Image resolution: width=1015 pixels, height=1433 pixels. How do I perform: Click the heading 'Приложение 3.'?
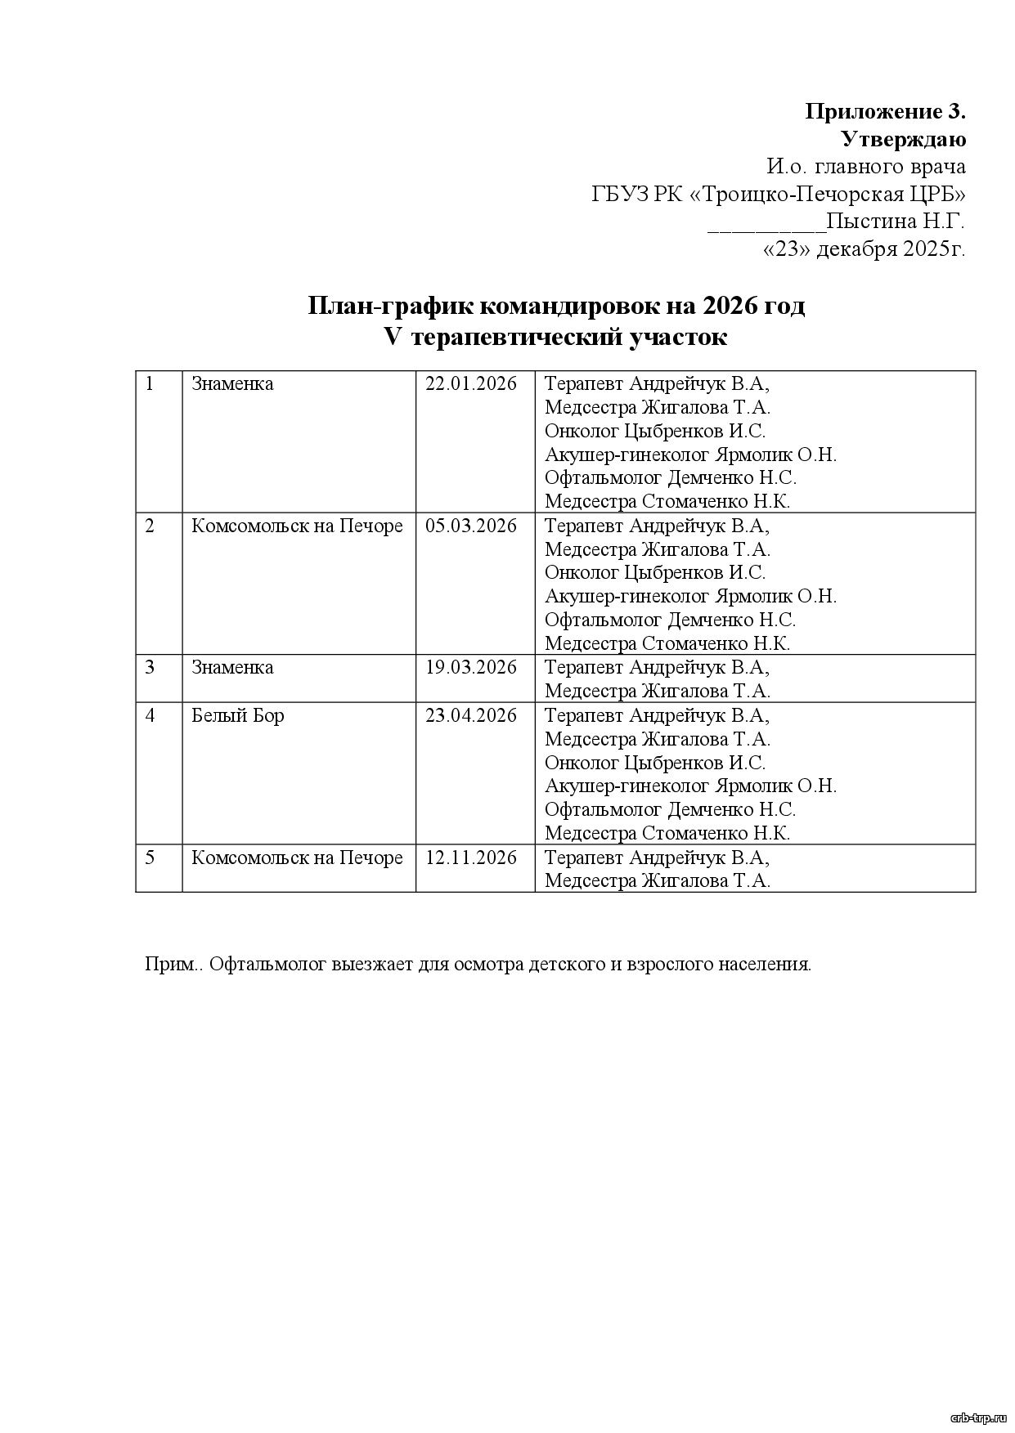coord(885,111)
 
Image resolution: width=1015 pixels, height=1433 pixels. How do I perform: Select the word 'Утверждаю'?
coord(903,139)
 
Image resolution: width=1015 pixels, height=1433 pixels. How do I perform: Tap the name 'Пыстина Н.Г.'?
coord(896,222)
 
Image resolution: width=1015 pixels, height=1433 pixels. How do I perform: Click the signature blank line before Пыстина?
coord(766,224)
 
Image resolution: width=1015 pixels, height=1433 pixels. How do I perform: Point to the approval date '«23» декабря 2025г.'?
coord(864,249)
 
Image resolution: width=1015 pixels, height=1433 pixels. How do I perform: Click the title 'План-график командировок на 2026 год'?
coord(556,306)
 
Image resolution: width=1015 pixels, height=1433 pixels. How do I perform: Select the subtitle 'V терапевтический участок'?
coord(555,337)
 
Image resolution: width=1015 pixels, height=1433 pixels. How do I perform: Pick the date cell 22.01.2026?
coord(471,383)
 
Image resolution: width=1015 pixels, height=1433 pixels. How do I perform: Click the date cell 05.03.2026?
coord(471,526)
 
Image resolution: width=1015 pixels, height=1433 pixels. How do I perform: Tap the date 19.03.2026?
coord(471,667)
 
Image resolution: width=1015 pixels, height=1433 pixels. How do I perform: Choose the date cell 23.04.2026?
coord(471,715)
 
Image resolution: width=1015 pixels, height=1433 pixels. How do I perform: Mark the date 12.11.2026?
coord(471,858)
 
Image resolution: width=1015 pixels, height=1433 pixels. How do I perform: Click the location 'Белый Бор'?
coord(237,715)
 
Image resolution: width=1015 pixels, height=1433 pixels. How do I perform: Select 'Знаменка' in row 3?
coord(232,667)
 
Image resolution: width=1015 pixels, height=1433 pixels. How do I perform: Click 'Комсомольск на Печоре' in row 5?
coord(297,858)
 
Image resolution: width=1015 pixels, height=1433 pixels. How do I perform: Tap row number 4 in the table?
coord(150,715)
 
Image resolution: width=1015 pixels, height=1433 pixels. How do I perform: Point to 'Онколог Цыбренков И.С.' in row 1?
coord(655,431)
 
